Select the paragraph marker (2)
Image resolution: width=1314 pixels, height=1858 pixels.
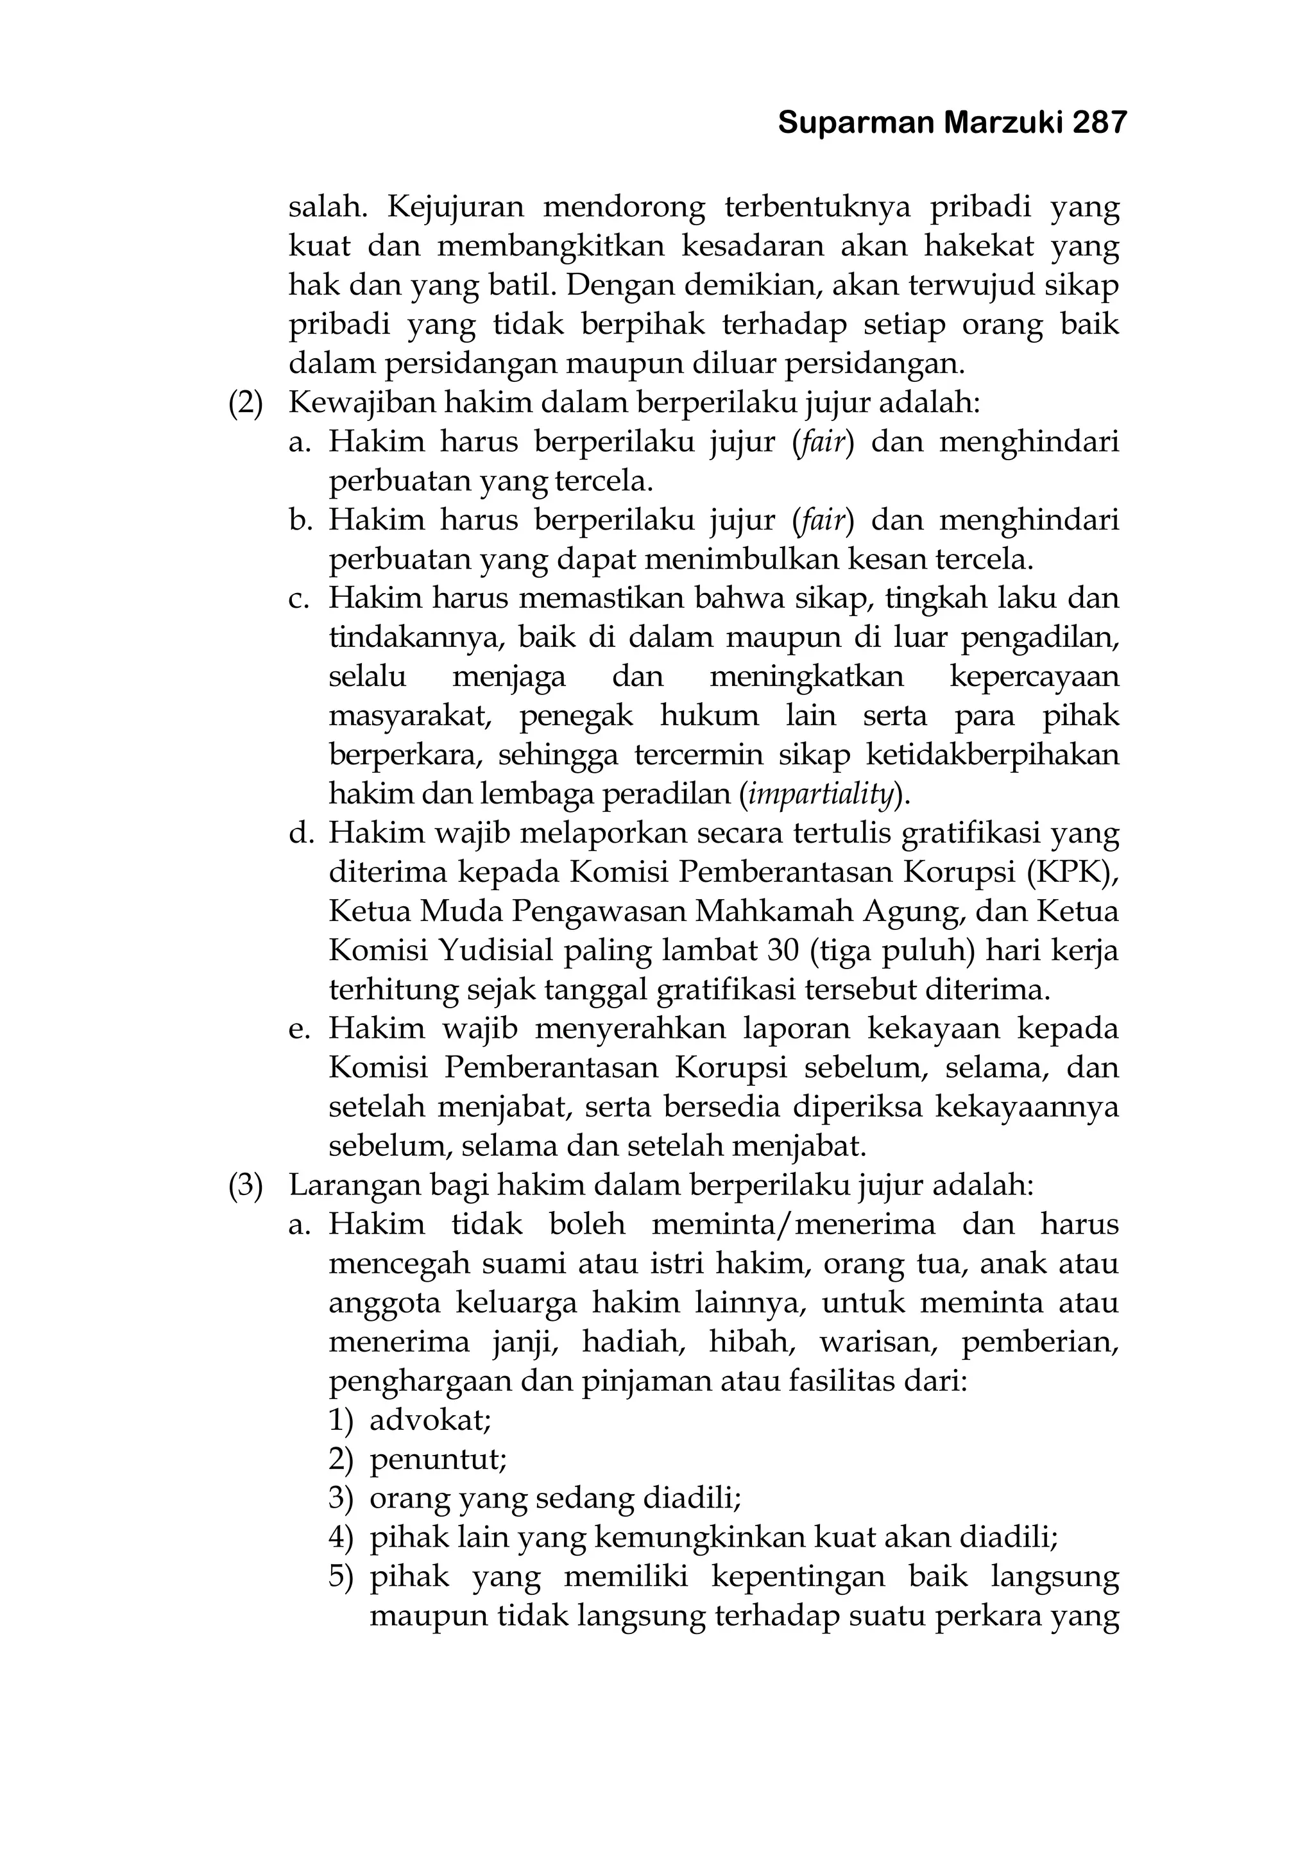(246, 403)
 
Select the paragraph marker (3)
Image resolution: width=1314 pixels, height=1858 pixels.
(246, 1185)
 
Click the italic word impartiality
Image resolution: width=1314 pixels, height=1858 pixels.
(821, 795)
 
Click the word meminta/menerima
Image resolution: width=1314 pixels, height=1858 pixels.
(793, 1225)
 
